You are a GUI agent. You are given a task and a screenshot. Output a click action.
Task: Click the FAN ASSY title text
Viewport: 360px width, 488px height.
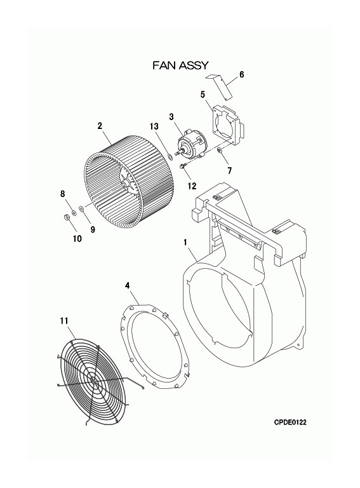[180, 65]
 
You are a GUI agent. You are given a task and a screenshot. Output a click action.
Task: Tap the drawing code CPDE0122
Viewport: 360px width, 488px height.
[290, 422]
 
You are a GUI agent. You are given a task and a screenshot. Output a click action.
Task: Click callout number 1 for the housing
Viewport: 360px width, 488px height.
[185, 242]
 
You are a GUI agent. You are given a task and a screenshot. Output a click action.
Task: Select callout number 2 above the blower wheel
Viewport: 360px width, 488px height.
[100, 126]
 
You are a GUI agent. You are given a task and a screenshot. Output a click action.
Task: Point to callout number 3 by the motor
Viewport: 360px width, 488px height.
[171, 117]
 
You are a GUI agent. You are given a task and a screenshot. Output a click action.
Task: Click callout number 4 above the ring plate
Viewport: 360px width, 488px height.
[128, 285]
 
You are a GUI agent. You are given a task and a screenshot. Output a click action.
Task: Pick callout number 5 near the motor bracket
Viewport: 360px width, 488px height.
[203, 94]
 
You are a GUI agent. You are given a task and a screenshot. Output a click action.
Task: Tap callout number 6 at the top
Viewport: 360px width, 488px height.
[241, 74]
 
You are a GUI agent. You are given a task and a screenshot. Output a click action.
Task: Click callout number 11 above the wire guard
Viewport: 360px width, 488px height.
[64, 320]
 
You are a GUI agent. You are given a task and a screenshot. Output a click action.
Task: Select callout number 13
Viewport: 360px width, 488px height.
[154, 126]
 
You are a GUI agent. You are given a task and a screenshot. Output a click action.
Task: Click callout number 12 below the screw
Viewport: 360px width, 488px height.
[192, 186]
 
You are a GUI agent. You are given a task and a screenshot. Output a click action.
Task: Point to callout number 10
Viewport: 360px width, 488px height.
[77, 238]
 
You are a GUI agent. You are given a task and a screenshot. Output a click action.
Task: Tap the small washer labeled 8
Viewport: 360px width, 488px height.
[74, 213]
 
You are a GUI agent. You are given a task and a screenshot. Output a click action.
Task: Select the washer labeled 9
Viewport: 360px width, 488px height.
[81, 208]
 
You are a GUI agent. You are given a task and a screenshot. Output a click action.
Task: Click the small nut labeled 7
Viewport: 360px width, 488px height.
[220, 151]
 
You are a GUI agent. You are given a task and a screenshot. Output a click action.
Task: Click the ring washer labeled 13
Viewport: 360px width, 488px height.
[170, 155]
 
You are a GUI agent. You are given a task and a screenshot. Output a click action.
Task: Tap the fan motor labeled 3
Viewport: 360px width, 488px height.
[190, 144]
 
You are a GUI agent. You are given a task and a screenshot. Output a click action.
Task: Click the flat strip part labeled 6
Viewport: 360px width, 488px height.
[221, 87]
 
